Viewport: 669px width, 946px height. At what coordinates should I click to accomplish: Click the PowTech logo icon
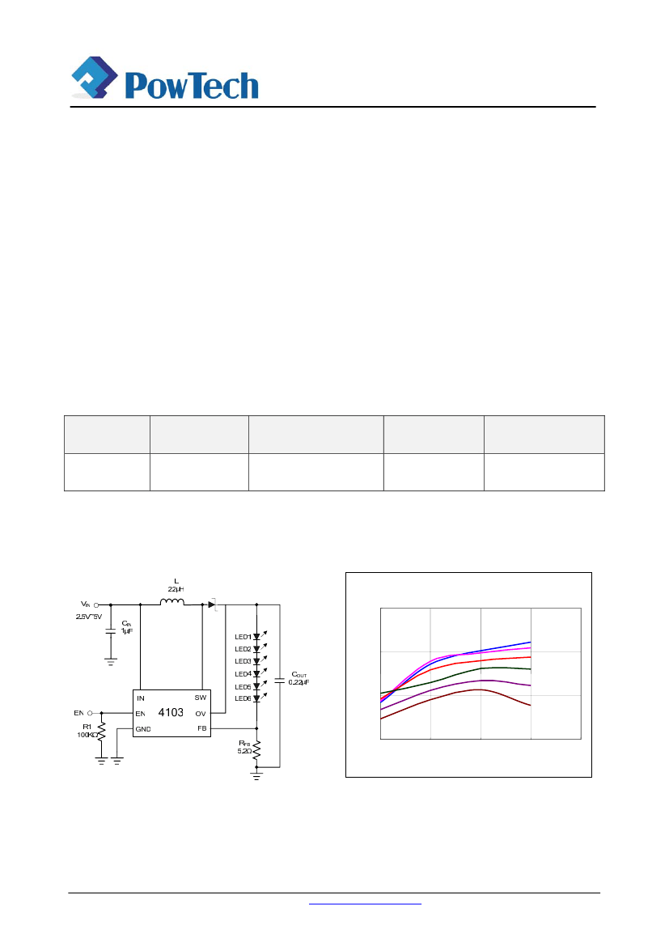click(95, 77)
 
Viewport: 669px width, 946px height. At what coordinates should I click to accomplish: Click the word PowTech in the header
click(192, 85)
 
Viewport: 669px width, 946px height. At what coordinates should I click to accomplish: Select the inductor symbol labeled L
click(171, 602)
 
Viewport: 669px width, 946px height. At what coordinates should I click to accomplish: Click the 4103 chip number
click(171, 713)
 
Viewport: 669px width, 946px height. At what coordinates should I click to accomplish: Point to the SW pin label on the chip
click(200, 698)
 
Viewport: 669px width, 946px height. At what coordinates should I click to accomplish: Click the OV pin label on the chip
click(200, 713)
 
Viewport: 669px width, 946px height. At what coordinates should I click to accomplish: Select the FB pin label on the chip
click(201, 728)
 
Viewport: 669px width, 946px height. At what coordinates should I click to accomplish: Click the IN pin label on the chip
click(141, 698)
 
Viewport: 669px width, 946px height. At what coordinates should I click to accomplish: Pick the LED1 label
click(243, 637)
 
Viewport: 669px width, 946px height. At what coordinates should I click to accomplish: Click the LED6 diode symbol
click(257, 698)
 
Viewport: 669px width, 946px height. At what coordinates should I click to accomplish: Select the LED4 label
click(243, 673)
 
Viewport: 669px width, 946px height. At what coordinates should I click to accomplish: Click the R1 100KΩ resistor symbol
click(101, 733)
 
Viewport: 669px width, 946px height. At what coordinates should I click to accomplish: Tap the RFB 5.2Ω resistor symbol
click(257, 751)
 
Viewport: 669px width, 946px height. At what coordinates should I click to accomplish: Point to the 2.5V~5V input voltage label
click(89, 617)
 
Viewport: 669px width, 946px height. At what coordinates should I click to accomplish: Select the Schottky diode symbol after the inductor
click(212, 604)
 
